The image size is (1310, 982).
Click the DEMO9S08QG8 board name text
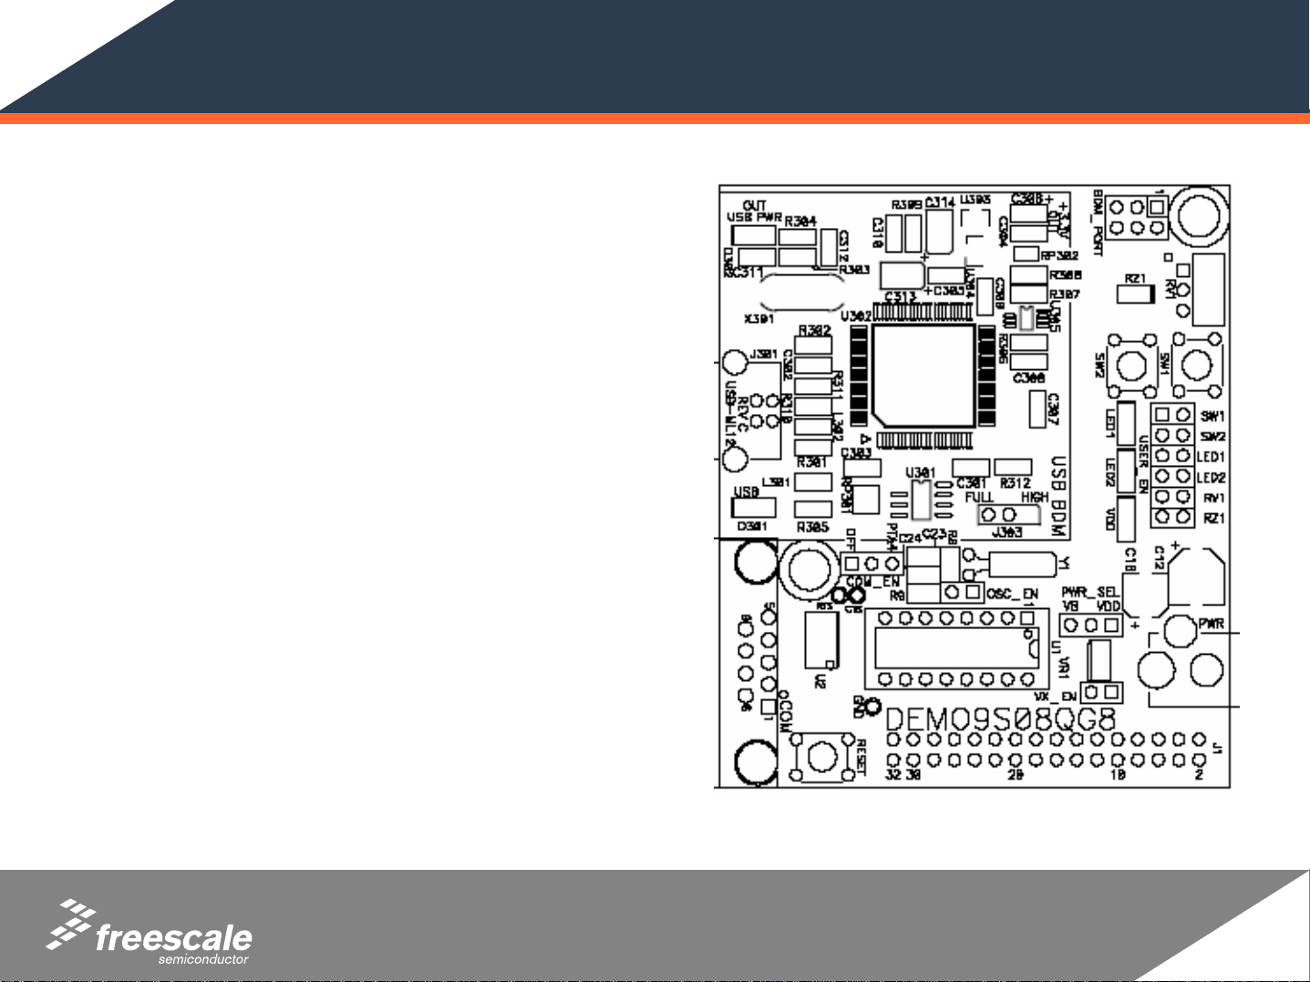click(1001, 718)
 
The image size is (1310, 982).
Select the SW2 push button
click(1130, 367)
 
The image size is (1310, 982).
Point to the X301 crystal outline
click(801, 291)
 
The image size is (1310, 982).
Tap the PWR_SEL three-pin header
click(1090, 625)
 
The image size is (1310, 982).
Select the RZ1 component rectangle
click(1136, 295)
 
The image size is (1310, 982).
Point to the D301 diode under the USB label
click(755, 508)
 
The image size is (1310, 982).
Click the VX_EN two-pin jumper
click(1101, 692)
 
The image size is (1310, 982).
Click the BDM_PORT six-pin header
click(1134, 216)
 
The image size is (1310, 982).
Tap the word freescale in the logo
click(173, 938)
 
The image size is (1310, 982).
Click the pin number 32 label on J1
click(893, 774)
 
